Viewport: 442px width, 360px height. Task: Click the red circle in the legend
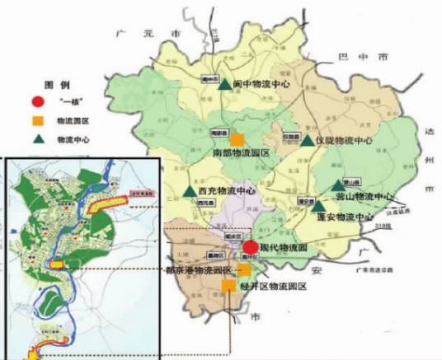click(x=36, y=103)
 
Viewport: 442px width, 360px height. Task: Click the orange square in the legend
click(x=36, y=121)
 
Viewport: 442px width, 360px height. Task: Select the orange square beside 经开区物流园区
click(x=228, y=285)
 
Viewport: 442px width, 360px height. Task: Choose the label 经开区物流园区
click(x=274, y=286)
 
